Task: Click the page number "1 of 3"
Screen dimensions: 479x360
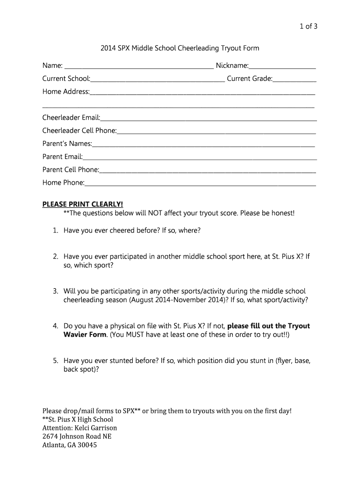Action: (x=307, y=26)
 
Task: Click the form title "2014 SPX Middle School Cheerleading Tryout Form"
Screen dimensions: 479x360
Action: (x=180, y=48)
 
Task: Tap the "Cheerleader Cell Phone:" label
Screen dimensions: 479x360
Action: (x=79, y=131)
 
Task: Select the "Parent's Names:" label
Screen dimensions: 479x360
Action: (x=67, y=144)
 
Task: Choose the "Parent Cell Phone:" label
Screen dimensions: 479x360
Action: (x=71, y=170)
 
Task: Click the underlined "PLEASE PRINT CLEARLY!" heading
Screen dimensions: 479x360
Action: (x=83, y=204)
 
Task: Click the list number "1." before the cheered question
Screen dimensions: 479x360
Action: (x=55, y=231)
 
